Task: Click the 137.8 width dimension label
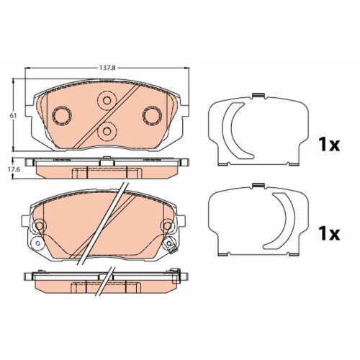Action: tap(108, 68)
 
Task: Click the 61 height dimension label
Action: tap(13, 116)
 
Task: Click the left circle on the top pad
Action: tap(62, 116)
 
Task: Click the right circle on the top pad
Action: tap(152, 116)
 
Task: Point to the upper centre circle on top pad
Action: tap(107, 100)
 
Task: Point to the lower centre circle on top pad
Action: tap(107, 131)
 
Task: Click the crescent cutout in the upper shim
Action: tap(228, 131)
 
